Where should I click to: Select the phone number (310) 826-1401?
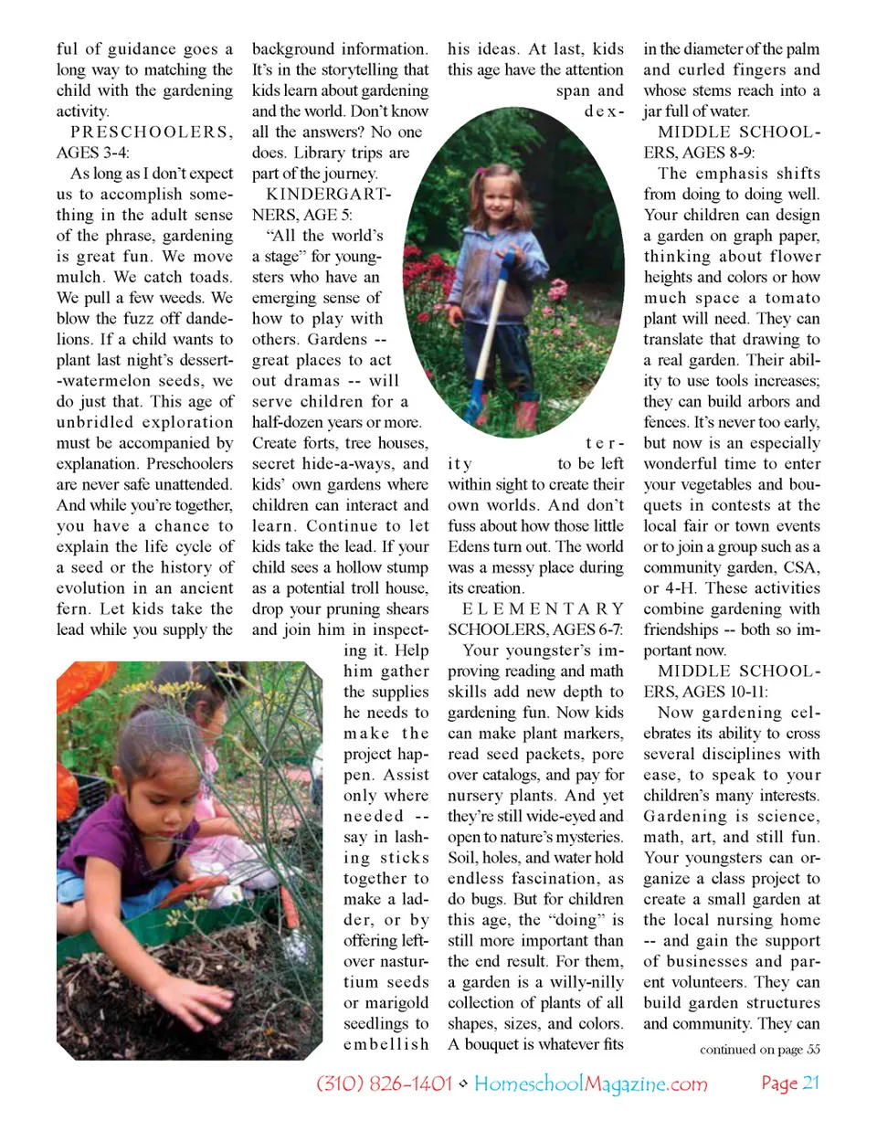[x=384, y=1083]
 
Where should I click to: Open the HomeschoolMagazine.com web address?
[x=590, y=1083]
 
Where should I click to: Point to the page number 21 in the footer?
[x=810, y=1083]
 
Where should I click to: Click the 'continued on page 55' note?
[x=759, y=1049]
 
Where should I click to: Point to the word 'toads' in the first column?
[x=211, y=277]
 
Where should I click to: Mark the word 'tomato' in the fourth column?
[x=791, y=298]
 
